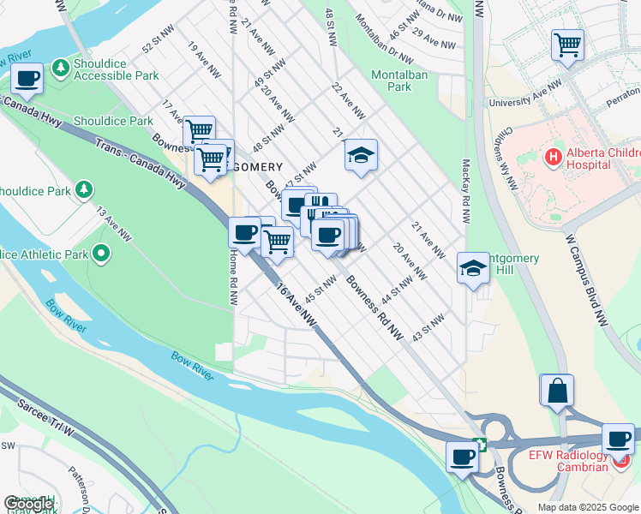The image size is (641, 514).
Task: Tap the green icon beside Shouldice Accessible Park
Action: [60, 67]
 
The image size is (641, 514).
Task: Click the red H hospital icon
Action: [554, 158]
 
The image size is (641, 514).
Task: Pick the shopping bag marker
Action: [557, 390]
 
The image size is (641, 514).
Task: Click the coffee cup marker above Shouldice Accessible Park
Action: [27, 79]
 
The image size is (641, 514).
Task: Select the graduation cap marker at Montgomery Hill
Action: [473, 268]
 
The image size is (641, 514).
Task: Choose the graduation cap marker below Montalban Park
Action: [361, 155]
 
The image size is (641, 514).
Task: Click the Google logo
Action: [28, 504]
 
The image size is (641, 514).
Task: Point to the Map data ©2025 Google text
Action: [588, 507]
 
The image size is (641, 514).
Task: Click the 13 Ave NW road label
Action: [113, 222]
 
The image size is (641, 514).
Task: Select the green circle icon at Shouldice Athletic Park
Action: [101, 253]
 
